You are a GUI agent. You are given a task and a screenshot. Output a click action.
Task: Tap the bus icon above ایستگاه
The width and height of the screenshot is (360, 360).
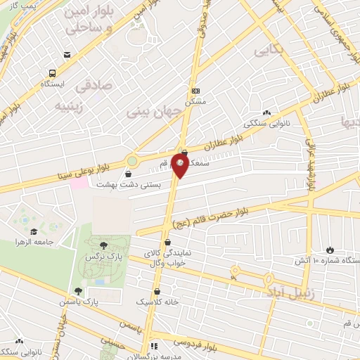pyautogui.click(x=53, y=72)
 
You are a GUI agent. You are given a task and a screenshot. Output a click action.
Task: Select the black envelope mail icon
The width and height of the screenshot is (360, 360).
pyautogui.click(x=67, y=55)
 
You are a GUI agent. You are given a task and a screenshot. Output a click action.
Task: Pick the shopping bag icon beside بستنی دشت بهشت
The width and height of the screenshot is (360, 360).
pyautogui.click(x=128, y=174)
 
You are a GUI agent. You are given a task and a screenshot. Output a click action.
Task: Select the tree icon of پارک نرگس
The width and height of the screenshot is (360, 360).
pyautogui.click(x=104, y=245)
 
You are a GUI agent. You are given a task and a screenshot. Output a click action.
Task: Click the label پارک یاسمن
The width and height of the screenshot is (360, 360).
pyautogui.click(x=99, y=301)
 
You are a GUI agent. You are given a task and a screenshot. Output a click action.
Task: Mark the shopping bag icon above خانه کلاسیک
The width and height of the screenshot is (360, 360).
pyautogui.click(x=155, y=290)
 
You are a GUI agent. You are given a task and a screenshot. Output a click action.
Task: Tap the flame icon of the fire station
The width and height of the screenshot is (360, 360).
pyautogui.click(x=330, y=250)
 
